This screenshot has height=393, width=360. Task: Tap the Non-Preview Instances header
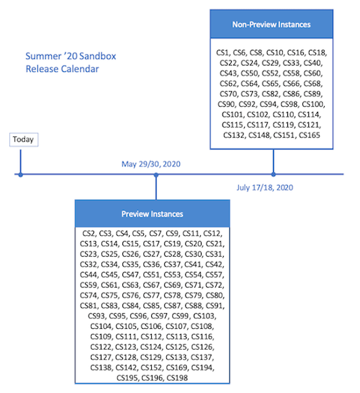click(x=271, y=25)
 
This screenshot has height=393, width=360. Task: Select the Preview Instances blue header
click(x=153, y=214)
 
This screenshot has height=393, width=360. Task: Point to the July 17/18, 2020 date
click(x=265, y=188)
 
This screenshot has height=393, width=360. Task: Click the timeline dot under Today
click(x=21, y=175)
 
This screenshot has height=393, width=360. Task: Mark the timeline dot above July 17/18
click(x=274, y=175)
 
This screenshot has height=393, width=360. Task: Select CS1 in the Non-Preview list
click(x=223, y=52)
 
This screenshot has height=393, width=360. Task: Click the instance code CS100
click(x=314, y=104)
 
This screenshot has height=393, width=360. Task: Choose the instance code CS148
click(x=259, y=136)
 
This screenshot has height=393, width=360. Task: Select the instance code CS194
click(x=203, y=367)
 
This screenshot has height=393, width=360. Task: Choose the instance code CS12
click(x=213, y=233)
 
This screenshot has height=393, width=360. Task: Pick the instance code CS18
click(x=317, y=52)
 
